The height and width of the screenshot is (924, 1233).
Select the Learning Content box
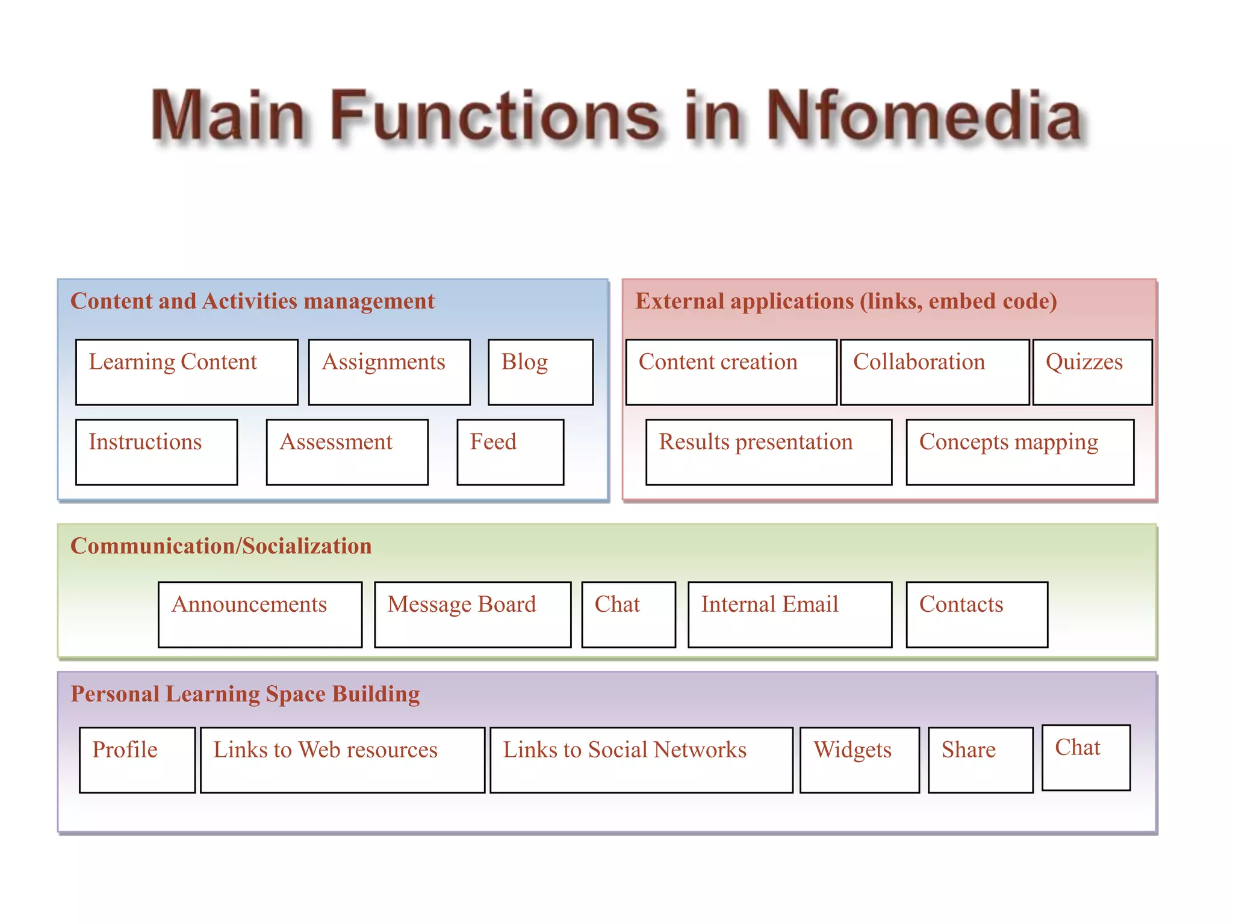pyautogui.click(x=187, y=372)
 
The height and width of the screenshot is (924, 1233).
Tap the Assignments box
pyautogui.click(x=389, y=372)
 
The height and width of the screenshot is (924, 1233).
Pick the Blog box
pyautogui.click(x=540, y=372)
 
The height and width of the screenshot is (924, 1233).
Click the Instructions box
pyautogui.click(x=157, y=452)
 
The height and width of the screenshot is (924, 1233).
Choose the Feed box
pyautogui.click(x=510, y=452)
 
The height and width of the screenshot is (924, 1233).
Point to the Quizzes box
pyautogui.click(x=1092, y=372)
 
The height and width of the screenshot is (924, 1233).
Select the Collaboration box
pyautogui.click(x=934, y=372)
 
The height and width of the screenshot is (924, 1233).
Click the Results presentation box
pyautogui.click(x=768, y=452)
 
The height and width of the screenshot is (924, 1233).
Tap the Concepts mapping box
pyautogui.click(x=1020, y=452)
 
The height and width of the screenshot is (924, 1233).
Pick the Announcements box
pyautogui.click(x=260, y=614)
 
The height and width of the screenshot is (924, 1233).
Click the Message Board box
pyautogui.click(x=473, y=614)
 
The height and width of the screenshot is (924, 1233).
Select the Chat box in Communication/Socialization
pyautogui.click(x=629, y=614)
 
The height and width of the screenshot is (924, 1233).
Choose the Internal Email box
pyautogui.click(x=790, y=614)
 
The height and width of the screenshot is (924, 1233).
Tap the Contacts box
pyautogui.click(x=977, y=614)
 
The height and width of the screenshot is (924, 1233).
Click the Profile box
pyautogui.click(x=137, y=760)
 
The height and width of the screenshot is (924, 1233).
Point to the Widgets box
pyautogui.click(x=860, y=760)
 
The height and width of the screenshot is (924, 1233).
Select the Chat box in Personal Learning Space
pyautogui.click(x=1086, y=757)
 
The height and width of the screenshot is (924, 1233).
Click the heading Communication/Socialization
pyautogui.click(x=221, y=546)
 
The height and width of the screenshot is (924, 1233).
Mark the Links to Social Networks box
pyautogui.click(x=641, y=760)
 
